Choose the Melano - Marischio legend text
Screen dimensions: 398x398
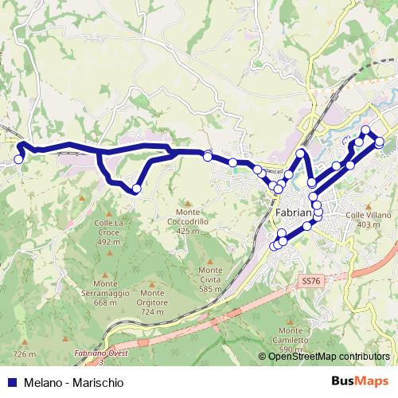click(x=73, y=383)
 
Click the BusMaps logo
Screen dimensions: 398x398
click(x=361, y=382)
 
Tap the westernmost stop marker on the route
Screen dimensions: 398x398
click(x=18, y=159)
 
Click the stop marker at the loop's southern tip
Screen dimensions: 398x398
click(x=137, y=189)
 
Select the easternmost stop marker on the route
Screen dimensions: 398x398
click(x=380, y=142)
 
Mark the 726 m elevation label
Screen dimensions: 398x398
click(x=25, y=353)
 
